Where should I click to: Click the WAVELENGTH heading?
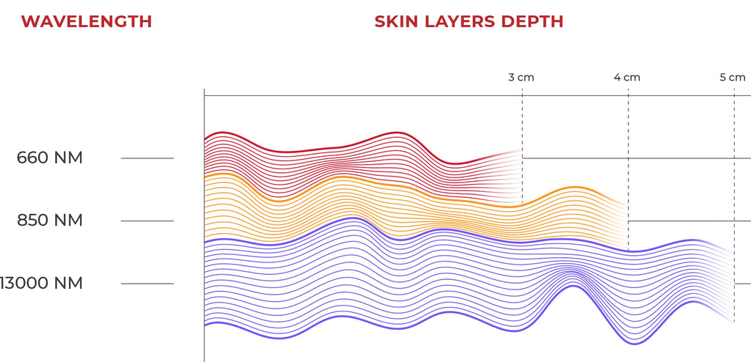(87, 21)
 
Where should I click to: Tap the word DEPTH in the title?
(532, 21)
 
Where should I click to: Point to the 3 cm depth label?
(521, 77)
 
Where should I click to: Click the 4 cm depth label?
(627, 77)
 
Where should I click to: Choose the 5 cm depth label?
(733, 77)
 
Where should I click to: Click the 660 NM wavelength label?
(50, 158)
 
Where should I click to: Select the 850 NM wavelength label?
(50, 221)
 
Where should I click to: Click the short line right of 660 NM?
(147, 158)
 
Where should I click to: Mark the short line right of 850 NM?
(147, 221)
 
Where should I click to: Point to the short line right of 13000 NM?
(147, 284)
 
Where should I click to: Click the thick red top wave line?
(308, 148)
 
